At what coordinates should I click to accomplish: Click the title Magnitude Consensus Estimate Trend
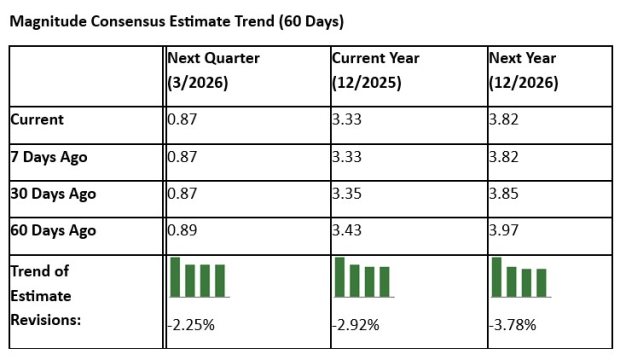tap(178, 20)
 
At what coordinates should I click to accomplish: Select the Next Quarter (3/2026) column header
tap(213, 70)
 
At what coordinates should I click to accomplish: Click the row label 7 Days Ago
tap(49, 156)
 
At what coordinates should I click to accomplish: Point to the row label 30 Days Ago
tap(53, 193)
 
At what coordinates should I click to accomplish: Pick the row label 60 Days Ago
tap(53, 230)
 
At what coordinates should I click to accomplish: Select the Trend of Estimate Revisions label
tap(46, 295)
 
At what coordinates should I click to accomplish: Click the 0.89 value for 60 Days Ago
tap(182, 230)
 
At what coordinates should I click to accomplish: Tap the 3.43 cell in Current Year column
tap(347, 230)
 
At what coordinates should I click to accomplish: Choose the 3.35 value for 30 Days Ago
tap(347, 193)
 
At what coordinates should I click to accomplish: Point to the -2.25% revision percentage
tap(190, 325)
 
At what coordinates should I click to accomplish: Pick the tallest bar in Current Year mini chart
tap(340, 277)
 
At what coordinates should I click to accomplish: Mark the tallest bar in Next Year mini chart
tap(497, 277)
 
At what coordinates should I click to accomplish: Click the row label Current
tap(37, 119)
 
